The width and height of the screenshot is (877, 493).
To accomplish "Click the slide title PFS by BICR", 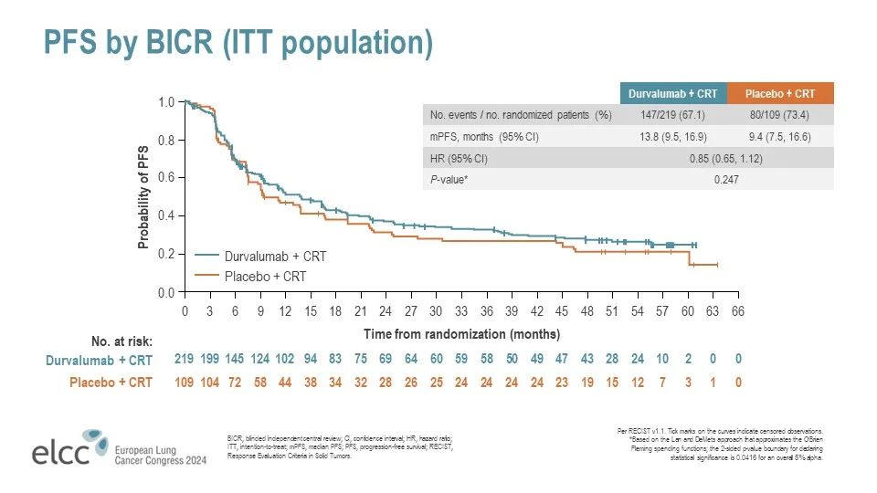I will pyautogui.click(x=238, y=42).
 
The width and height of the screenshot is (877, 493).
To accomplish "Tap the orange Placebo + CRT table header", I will pyautogui.click(x=780, y=94).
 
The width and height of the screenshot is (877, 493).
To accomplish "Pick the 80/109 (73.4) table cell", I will pyautogui.click(x=780, y=116).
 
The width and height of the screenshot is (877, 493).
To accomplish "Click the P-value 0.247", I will pyautogui.click(x=726, y=180).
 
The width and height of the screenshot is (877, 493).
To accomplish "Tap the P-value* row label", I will pyautogui.click(x=450, y=180).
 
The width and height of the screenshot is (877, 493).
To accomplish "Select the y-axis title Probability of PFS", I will pyautogui.click(x=143, y=197).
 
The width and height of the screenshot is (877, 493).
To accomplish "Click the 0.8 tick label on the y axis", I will pyautogui.click(x=165, y=141).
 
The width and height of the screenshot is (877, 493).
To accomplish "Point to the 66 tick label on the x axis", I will pyautogui.click(x=738, y=311).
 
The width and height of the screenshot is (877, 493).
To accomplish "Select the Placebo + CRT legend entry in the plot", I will pyautogui.click(x=265, y=276).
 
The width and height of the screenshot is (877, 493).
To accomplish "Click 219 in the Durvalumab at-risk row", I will pyautogui.click(x=185, y=361).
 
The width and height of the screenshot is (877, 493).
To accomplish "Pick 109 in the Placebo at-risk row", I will pyautogui.click(x=185, y=382).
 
